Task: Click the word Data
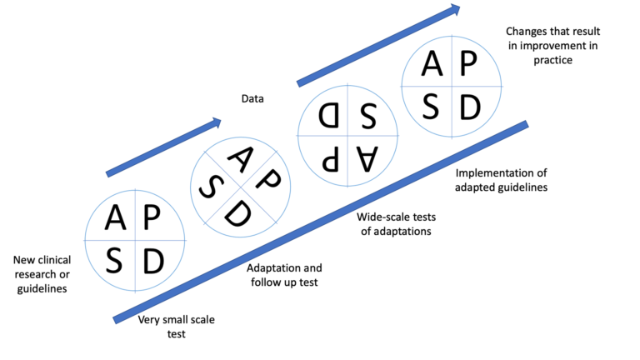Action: point(252,99)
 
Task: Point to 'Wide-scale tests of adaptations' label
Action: point(396,224)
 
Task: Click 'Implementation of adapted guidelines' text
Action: point(501,180)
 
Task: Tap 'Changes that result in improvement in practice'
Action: point(550,47)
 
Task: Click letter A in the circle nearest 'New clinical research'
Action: point(117,218)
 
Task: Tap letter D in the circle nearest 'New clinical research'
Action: point(153,261)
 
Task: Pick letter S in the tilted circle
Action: point(209,187)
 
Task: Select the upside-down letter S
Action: point(367,114)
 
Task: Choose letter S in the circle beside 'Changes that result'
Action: point(432,106)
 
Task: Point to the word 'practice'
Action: point(550,61)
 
